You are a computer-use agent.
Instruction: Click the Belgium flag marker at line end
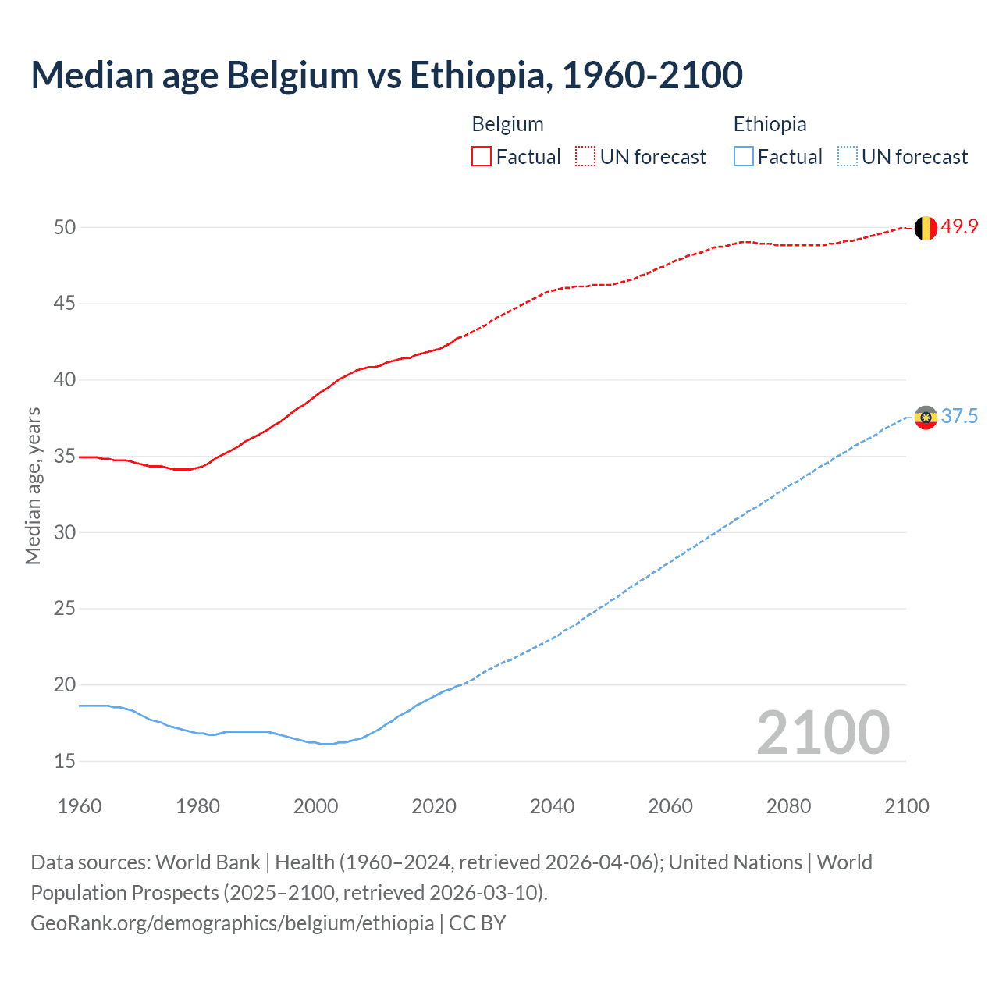coord(926,228)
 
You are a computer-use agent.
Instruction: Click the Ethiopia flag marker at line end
coord(926,418)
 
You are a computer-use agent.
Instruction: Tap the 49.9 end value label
coord(959,227)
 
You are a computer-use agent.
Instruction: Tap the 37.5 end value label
coord(959,417)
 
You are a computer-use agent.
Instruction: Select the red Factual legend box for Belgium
coord(482,157)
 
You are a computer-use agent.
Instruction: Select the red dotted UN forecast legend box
coord(585,157)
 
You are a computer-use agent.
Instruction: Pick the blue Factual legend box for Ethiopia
coord(744,157)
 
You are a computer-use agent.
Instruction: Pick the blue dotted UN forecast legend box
coord(848,157)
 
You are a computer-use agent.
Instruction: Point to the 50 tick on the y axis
coord(65,227)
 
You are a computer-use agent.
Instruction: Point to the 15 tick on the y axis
coord(65,761)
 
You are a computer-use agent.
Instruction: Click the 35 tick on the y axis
coord(65,456)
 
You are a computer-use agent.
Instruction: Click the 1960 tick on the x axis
coord(80,806)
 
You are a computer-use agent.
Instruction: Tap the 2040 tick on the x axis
coord(552,806)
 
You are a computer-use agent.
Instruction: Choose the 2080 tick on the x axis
coord(788,806)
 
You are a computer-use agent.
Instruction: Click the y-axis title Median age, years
coord(33,485)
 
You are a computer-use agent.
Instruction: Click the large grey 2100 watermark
coord(823,733)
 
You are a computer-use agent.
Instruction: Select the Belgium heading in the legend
coord(507,124)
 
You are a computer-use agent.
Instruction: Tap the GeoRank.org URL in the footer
coord(232,923)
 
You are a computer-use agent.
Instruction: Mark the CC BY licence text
coord(478,923)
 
